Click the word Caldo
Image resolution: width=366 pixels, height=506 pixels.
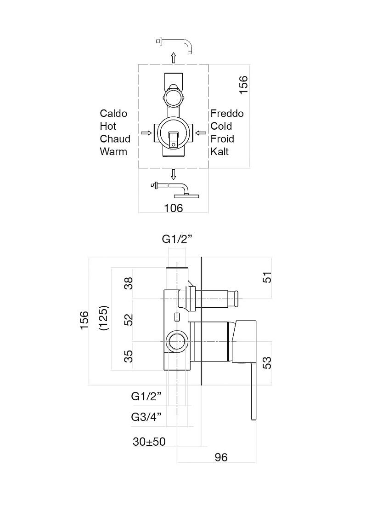[x=113, y=113]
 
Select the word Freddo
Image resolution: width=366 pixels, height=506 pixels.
[x=227, y=113]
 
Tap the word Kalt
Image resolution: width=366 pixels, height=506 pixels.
[x=220, y=151]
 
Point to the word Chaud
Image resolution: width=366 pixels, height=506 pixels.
[x=115, y=139]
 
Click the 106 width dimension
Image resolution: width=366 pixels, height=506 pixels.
[x=173, y=208]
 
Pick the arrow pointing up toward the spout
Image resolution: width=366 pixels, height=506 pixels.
[x=174, y=58]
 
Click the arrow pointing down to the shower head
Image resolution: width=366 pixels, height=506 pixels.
[x=174, y=175]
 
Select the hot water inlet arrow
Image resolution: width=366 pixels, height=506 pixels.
[x=146, y=133]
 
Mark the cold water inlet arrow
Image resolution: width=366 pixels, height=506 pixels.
[x=201, y=133]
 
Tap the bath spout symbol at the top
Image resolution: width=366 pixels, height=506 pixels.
[x=174, y=45]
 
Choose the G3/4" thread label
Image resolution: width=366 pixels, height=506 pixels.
[x=146, y=417]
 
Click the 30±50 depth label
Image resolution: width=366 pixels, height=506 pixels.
[x=149, y=442]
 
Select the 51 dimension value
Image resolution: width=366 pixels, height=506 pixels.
[x=267, y=277]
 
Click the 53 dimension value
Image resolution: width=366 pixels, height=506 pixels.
[x=267, y=363]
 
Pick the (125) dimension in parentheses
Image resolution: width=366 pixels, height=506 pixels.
[x=104, y=318]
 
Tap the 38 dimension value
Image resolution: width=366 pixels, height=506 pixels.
[x=128, y=283]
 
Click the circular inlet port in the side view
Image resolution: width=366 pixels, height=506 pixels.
[x=176, y=341]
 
